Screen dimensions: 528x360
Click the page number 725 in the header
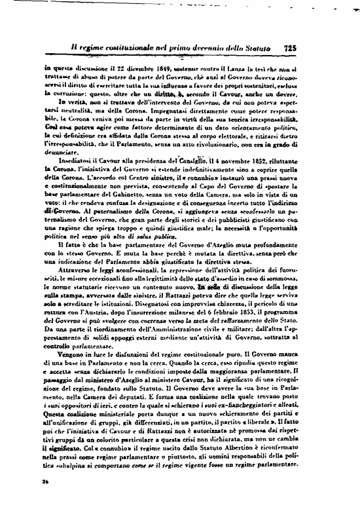292,47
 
